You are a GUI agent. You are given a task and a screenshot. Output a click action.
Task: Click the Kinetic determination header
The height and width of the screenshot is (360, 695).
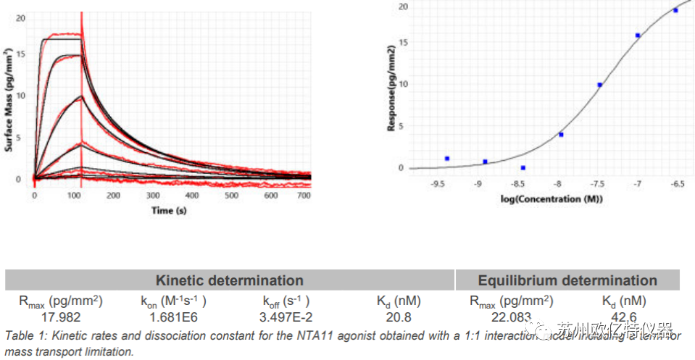click(229, 280)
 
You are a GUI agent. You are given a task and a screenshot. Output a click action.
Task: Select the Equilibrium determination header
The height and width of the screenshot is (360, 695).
click(567, 280)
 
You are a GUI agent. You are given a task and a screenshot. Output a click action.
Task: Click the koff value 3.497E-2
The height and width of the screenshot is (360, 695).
click(286, 317)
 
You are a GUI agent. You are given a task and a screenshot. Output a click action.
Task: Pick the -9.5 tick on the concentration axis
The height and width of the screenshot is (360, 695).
click(436, 185)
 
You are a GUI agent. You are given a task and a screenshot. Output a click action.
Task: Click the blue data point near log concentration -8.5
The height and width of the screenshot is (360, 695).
click(523, 167)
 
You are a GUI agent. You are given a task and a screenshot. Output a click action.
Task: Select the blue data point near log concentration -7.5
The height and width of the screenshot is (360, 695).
click(599, 85)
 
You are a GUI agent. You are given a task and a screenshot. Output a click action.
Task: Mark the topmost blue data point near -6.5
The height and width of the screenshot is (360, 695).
click(675, 10)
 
